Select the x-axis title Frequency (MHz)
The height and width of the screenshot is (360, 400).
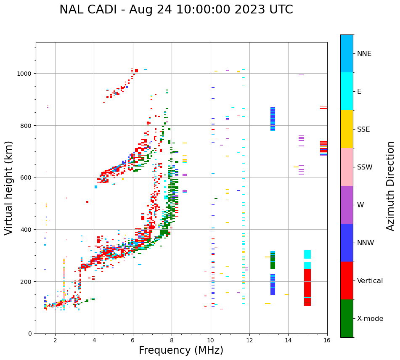click(x=181, y=350)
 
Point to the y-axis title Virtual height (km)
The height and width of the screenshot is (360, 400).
click(x=9, y=188)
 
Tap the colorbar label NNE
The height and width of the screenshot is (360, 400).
click(x=364, y=53)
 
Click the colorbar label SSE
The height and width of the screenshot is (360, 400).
click(x=363, y=129)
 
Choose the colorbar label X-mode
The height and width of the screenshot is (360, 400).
click(x=370, y=318)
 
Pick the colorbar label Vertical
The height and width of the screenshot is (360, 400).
click(x=370, y=281)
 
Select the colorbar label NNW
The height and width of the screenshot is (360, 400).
click(x=366, y=243)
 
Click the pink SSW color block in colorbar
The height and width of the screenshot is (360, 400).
click(x=347, y=167)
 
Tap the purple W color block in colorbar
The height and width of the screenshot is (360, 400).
click(x=347, y=205)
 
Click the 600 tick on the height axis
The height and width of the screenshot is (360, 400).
click(x=26, y=177)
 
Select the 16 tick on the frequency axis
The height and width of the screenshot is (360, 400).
click(x=327, y=340)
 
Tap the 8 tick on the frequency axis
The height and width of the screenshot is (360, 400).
click(x=172, y=340)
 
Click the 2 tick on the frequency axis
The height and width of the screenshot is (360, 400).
click(x=55, y=340)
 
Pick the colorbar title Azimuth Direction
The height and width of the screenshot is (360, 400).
click(x=391, y=186)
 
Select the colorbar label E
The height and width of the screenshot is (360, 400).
click(x=359, y=91)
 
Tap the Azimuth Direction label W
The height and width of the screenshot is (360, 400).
click(x=360, y=205)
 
